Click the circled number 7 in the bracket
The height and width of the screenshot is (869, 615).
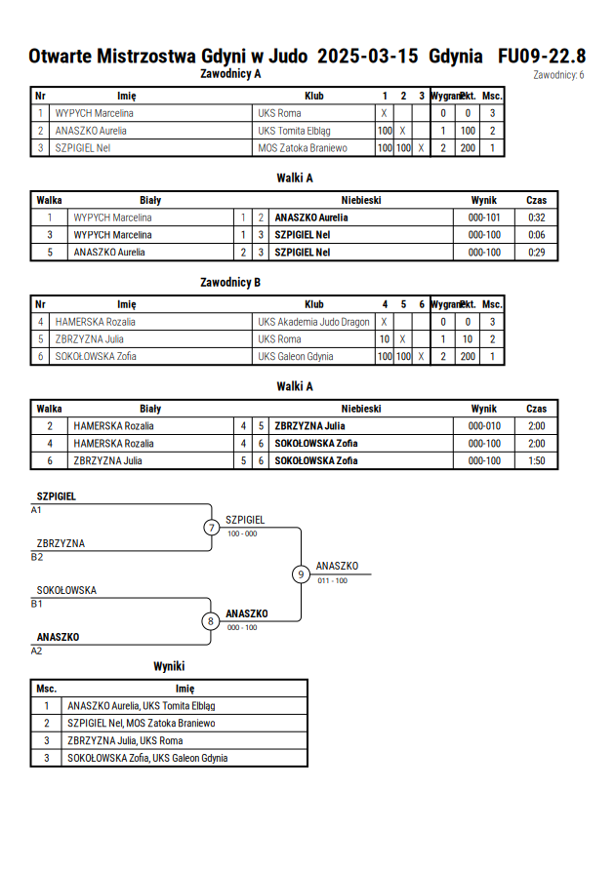(x=211, y=527)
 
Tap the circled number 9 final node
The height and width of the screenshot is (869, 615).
(x=301, y=574)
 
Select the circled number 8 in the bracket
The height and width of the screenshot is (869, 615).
(x=210, y=621)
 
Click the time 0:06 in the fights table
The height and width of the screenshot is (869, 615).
(x=536, y=235)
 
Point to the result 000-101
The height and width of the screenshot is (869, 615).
(x=484, y=217)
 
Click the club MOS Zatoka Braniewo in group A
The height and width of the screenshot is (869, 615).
(x=303, y=148)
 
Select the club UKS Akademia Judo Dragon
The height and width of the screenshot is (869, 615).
(x=313, y=322)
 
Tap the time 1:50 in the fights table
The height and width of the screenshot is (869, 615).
(x=536, y=460)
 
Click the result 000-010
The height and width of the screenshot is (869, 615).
(x=484, y=426)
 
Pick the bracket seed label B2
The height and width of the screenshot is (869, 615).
(x=36, y=557)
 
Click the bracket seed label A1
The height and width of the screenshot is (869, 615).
(x=36, y=510)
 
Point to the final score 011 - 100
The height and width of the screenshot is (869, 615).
(x=332, y=581)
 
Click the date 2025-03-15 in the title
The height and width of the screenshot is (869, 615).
(x=368, y=57)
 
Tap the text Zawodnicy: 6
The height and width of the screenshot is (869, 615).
(x=558, y=75)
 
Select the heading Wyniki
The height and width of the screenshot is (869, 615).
(x=169, y=666)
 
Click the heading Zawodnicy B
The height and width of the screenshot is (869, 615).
(x=230, y=283)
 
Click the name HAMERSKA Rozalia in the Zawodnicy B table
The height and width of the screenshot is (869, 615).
(x=96, y=322)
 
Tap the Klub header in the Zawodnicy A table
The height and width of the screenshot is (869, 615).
(x=314, y=96)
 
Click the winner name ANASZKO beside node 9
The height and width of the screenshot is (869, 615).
(x=337, y=566)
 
